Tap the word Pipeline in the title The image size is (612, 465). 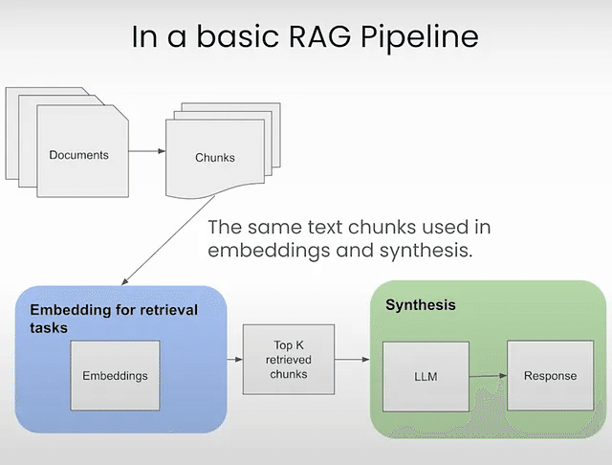(x=420, y=37)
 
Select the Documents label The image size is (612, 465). (x=78, y=155)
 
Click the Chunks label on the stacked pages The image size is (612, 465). (x=215, y=157)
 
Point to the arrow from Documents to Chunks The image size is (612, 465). (x=147, y=151)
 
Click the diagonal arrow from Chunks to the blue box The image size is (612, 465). (x=168, y=240)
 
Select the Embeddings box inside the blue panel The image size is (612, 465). (x=115, y=376)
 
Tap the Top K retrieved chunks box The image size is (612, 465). (x=289, y=359)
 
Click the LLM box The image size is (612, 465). (x=426, y=377)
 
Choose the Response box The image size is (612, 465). (x=551, y=376)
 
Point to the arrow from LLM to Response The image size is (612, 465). (x=488, y=376)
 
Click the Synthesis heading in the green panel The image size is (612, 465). (x=421, y=305)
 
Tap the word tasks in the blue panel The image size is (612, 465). (x=49, y=328)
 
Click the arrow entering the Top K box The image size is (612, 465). (x=234, y=359)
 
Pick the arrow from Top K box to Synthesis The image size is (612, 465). (x=352, y=359)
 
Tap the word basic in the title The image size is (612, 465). (x=237, y=36)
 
